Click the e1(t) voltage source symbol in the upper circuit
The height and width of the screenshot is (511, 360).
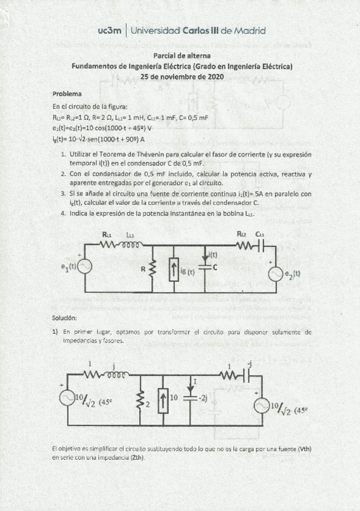(x=84, y=266)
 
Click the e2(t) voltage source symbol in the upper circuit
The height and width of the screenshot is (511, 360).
(x=276, y=274)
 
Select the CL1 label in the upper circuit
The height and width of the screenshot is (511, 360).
(x=259, y=234)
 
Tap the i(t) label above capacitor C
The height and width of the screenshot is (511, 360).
(x=212, y=255)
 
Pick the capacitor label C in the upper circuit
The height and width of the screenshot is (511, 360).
(x=215, y=266)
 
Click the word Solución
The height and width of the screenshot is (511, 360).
(x=65, y=318)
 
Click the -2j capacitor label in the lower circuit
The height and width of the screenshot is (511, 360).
(x=204, y=398)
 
